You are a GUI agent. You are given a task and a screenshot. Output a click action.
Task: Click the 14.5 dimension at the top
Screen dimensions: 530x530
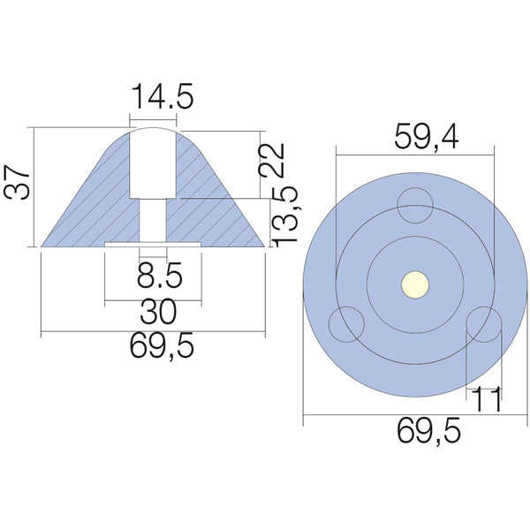[162, 96]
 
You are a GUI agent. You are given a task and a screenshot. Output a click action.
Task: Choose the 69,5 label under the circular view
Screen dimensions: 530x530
[415, 432]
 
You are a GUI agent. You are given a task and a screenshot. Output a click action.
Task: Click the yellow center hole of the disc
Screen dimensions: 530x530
[415, 284]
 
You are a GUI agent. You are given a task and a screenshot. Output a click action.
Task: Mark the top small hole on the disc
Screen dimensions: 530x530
[414, 207]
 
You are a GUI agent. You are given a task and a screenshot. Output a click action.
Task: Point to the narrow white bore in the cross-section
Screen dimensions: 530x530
[154, 218]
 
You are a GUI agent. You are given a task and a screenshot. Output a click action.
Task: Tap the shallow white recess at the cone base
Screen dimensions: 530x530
[154, 242]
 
